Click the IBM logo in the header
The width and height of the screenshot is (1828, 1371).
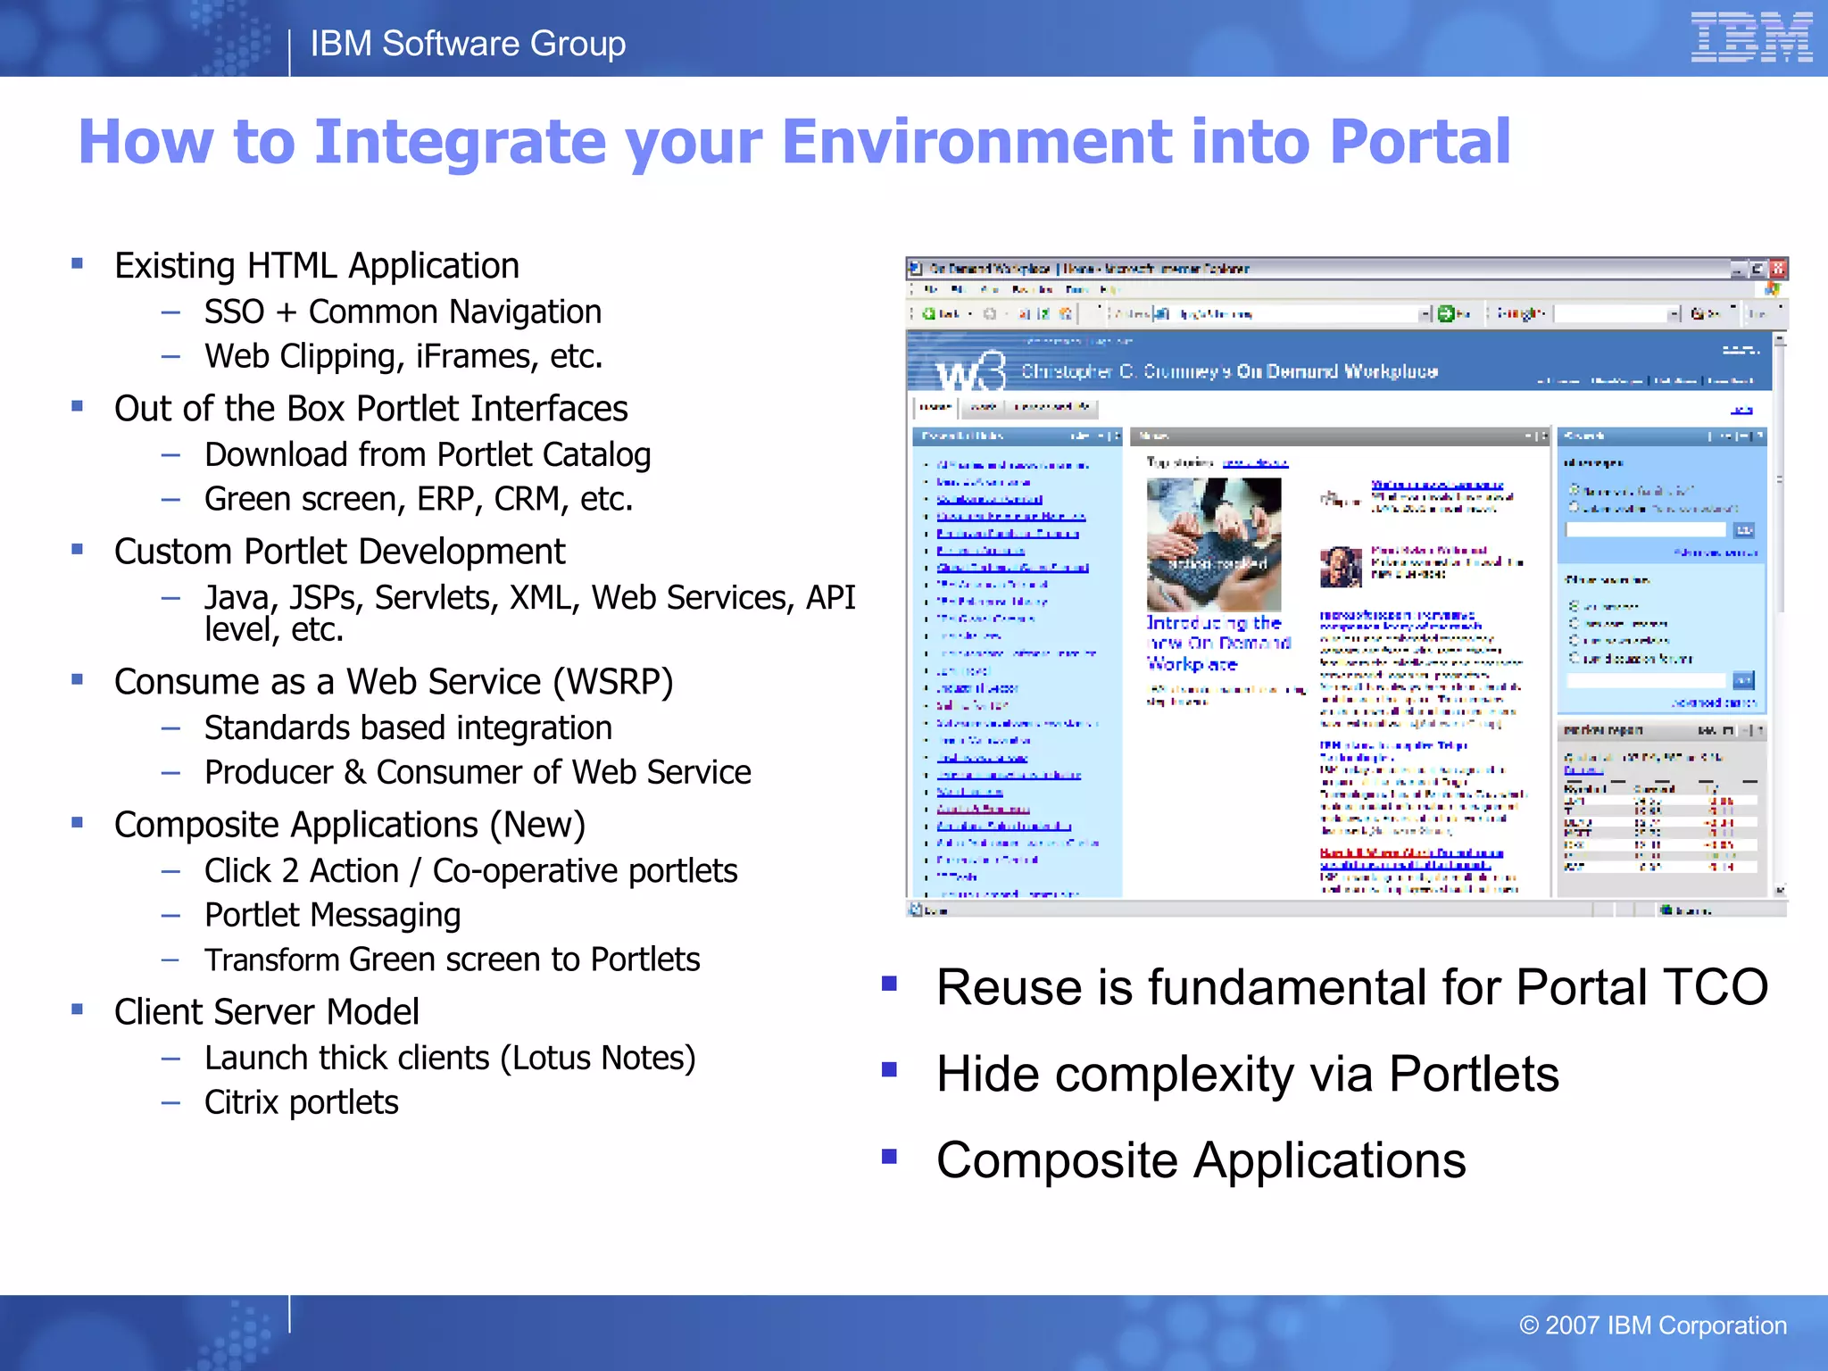[1750, 37]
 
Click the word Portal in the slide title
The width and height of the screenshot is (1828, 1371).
[1419, 143]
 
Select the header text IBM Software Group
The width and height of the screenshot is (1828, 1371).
[468, 44]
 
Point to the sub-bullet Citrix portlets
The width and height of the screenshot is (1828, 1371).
[301, 1103]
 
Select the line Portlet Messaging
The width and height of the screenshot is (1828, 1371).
[332, 916]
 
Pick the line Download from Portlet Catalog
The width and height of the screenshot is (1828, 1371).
[427, 455]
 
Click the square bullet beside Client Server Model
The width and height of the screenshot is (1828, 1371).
[78, 1010]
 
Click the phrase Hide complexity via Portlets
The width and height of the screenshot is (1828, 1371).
[1247, 1074]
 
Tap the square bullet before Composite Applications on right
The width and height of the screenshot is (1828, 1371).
[889, 1157]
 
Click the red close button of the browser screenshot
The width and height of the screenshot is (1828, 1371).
[1777, 269]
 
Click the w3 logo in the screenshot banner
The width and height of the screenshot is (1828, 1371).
[970, 372]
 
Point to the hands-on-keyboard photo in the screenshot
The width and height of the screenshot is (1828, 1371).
[1213, 544]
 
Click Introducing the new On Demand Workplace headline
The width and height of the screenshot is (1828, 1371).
[1216, 644]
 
